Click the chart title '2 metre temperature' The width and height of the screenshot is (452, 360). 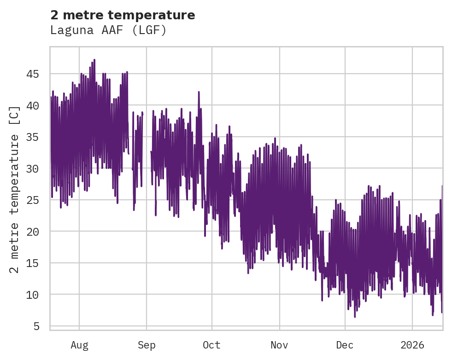(x=123, y=15)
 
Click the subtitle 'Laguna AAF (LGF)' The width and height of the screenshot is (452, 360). (x=108, y=30)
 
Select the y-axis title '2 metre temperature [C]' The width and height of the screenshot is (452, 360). (x=15, y=189)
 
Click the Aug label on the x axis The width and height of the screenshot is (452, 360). (x=79, y=345)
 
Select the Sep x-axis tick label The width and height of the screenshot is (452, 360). (x=147, y=345)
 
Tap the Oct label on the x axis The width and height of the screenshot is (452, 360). (x=212, y=345)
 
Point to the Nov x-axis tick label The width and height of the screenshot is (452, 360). (x=279, y=345)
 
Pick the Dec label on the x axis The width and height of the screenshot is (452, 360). (x=345, y=345)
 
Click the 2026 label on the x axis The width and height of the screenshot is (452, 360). (x=412, y=345)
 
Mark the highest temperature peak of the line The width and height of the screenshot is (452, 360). (x=94, y=60)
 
